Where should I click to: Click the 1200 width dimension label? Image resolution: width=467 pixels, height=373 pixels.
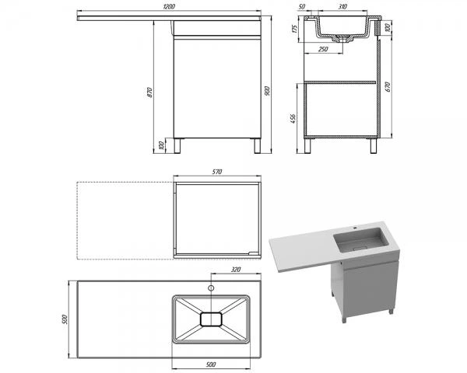[169, 6]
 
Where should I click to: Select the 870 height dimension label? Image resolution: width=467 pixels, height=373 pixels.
[149, 92]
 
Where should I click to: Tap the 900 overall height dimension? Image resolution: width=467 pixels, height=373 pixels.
[267, 91]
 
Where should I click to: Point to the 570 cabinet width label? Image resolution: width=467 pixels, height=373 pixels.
[217, 172]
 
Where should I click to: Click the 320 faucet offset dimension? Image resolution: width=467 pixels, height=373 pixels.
[236, 270]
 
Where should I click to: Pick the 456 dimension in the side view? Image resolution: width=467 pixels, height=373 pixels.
[293, 118]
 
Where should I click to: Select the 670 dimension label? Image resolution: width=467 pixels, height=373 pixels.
[387, 86]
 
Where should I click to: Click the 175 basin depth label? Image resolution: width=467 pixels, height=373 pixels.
[295, 29]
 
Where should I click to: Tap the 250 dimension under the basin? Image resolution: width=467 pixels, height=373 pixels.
[323, 49]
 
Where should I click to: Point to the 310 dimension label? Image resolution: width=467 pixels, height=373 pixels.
[342, 6]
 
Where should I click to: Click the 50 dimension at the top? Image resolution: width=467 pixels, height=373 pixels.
[302, 6]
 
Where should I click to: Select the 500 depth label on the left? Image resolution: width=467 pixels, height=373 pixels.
[65, 319]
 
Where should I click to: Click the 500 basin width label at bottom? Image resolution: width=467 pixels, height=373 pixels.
[211, 364]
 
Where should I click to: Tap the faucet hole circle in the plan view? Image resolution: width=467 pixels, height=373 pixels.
[211, 288]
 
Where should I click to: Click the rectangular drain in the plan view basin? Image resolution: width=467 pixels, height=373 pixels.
[211, 319]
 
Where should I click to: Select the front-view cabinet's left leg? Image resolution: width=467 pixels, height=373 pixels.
[177, 146]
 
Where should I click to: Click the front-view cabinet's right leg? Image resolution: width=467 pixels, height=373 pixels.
[258, 146]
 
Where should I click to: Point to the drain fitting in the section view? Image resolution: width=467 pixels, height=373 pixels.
[342, 39]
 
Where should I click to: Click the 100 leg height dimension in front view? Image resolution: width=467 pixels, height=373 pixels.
[162, 145]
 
